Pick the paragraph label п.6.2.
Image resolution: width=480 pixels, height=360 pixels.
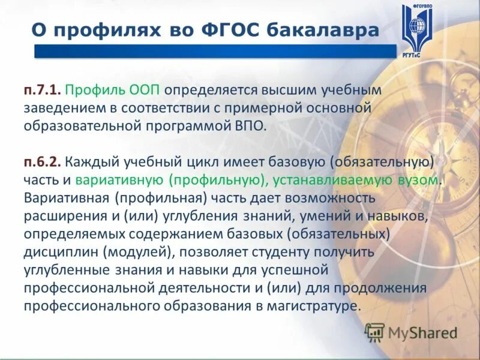click(43, 145)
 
